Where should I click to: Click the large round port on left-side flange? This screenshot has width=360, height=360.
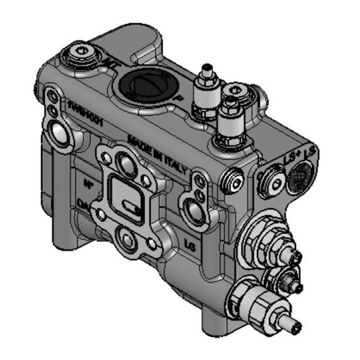pyautogui.click(x=60, y=130)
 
